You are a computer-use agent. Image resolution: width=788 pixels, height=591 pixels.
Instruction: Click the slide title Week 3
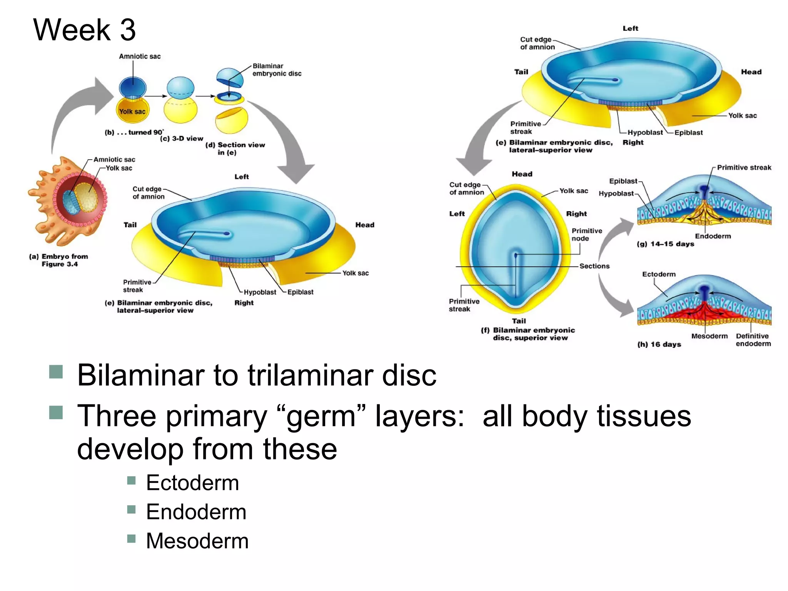click(x=84, y=30)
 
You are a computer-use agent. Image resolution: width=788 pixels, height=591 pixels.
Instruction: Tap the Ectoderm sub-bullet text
click(x=192, y=482)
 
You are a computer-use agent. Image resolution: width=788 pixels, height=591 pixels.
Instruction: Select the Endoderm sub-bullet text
click(x=196, y=512)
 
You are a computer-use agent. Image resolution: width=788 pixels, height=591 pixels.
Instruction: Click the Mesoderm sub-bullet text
click(x=197, y=541)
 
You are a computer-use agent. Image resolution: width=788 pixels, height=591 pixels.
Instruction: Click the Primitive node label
click(x=586, y=234)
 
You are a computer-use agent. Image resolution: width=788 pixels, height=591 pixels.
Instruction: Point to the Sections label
click(x=594, y=266)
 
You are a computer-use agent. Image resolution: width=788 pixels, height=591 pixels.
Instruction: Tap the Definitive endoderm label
click(x=753, y=340)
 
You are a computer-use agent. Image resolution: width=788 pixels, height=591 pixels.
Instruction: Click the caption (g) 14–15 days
click(x=665, y=244)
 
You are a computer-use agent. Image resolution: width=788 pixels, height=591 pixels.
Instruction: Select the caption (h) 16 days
click(x=659, y=344)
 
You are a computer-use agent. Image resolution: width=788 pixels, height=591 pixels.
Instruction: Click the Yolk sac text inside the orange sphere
click(x=132, y=112)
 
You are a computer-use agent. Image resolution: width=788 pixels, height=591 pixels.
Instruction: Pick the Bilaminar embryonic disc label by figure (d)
click(x=277, y=70)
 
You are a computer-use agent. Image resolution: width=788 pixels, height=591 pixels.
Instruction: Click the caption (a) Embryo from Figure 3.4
click(x=59, y=260)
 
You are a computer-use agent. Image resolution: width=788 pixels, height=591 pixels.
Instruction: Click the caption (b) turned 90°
click(x=134, y=132)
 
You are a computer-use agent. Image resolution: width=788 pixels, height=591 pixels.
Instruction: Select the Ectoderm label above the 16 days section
click(x=658, y=274)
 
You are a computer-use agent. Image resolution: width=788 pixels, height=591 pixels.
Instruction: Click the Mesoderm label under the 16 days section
click(x=709, y=336)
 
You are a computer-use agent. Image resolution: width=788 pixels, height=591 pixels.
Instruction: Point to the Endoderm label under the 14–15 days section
click(x=713, y=236)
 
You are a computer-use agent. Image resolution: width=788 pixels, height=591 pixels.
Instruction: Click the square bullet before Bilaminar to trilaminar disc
click(x=56, y=372)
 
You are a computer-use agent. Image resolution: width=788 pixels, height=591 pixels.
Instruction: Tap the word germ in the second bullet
click(x=321, y=417)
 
